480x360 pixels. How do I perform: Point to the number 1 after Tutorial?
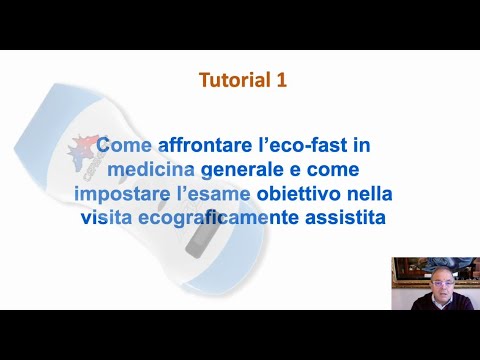281,80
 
